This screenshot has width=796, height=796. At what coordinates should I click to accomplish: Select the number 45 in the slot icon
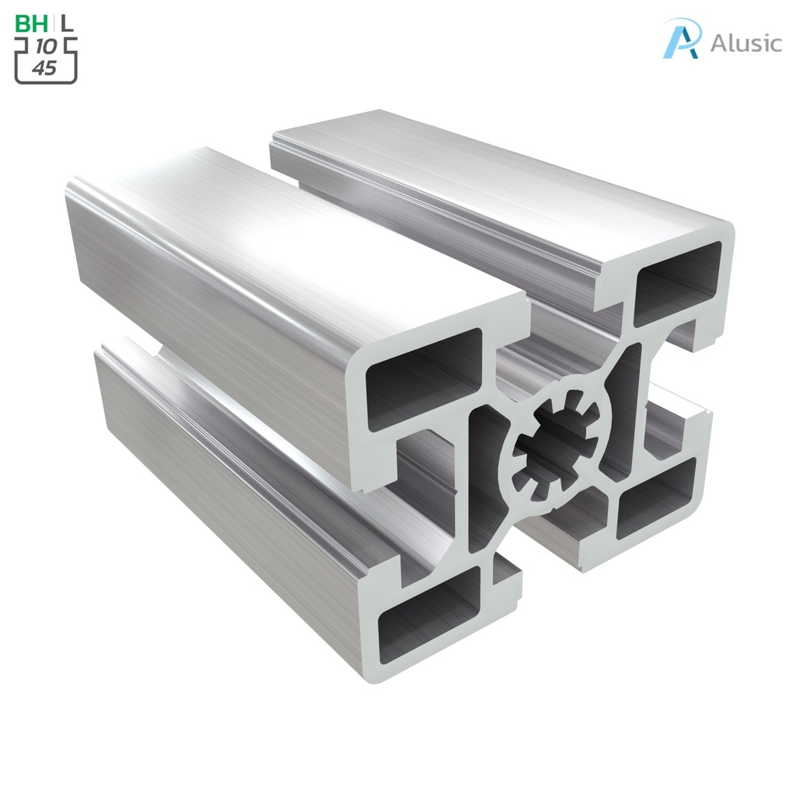coord(46,68)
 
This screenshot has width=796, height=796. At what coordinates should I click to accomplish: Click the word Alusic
coord(745,43)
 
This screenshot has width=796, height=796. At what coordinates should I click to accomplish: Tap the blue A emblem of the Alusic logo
coord(681,39)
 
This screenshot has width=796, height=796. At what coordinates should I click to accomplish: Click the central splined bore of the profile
coord(553,445)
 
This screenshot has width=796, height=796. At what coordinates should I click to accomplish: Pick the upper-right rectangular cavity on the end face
coord(677,281)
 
